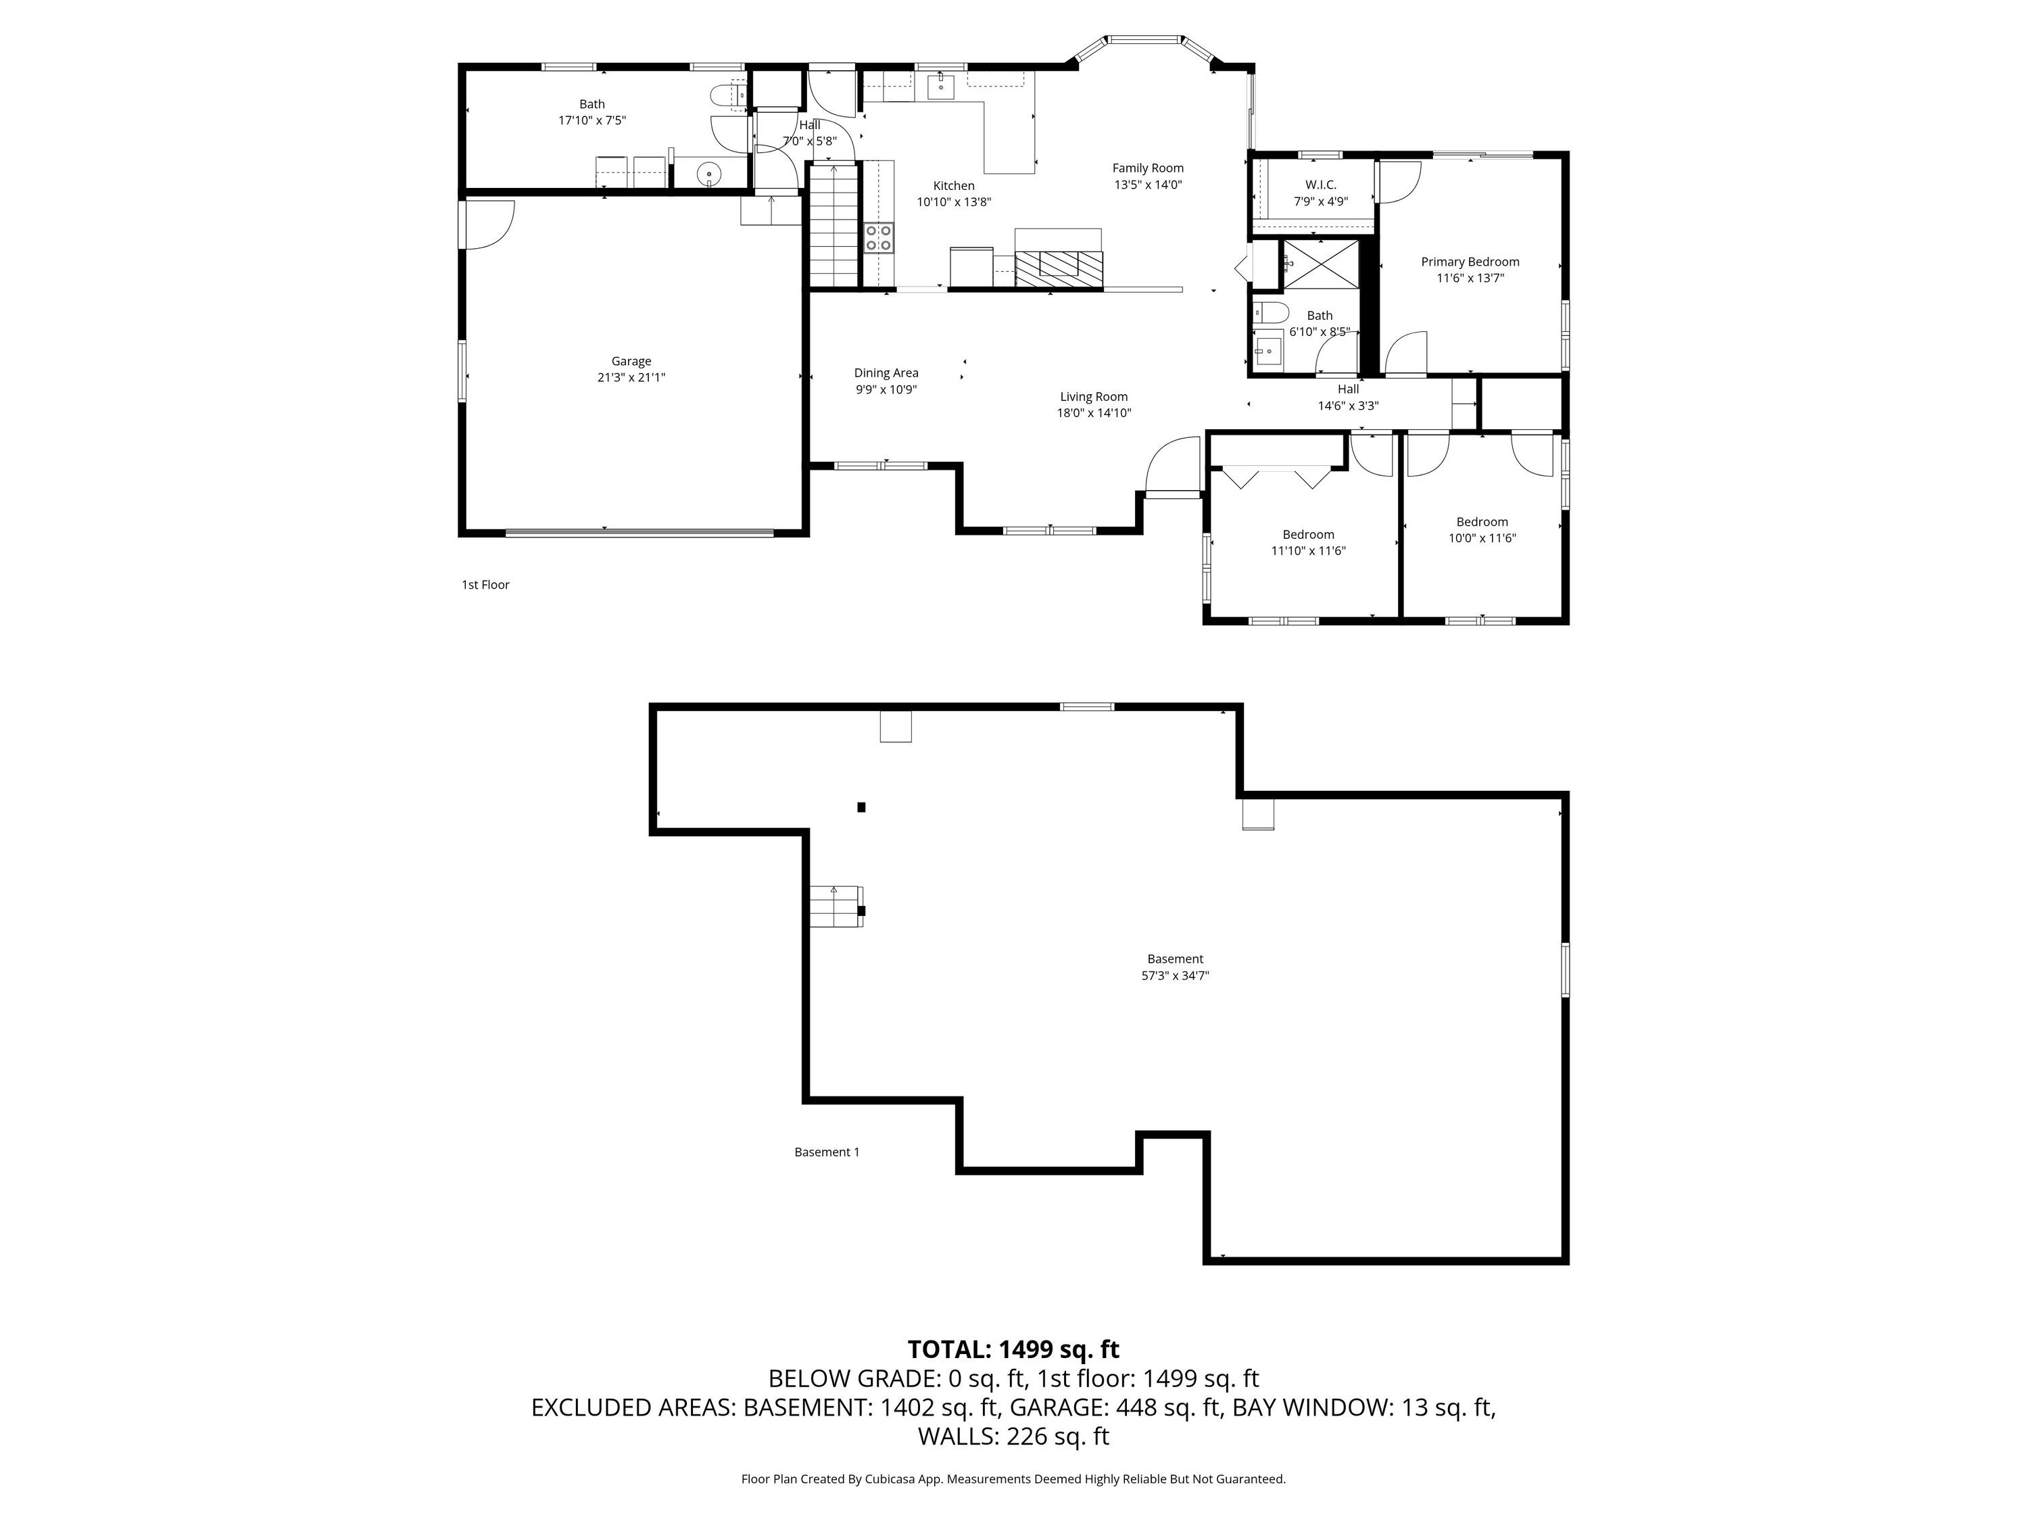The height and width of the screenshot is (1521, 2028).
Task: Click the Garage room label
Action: [x=631, y=361]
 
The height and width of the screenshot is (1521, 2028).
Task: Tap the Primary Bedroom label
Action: [x=1470, y=262]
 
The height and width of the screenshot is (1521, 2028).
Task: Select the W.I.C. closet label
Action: [x=1320, y=185]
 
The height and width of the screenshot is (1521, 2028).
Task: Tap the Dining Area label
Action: [x=886, y=373]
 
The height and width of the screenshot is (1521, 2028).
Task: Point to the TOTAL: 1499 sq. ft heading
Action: [x=1013, y=1349]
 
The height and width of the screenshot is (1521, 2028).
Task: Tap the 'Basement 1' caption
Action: [x=827, y=1153]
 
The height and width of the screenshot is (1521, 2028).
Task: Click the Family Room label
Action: [x=1148, y=168]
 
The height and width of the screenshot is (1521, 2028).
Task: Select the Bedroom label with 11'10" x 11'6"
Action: [x=1308, y=535]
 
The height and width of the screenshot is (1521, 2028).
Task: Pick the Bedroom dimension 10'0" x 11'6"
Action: [x=1482, y=538]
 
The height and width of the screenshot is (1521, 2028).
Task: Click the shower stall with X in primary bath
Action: [x=1320, y=264]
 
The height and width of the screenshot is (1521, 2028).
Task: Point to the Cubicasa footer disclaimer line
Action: [x=1013, y=1479]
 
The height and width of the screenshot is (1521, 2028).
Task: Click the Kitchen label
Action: [x=953, y=186]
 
